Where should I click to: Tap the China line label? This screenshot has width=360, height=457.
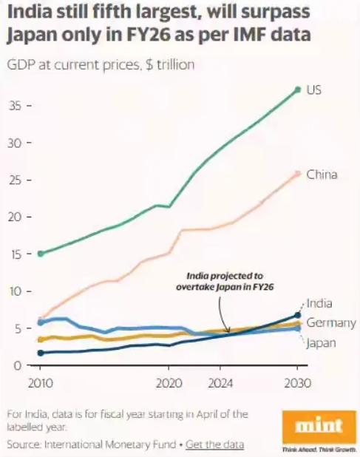pos(322,175)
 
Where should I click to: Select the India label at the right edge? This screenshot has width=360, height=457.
pos(319,303)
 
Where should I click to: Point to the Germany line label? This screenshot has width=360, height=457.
pos(331,323)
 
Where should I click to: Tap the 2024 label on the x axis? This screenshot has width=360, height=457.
pos(220,384)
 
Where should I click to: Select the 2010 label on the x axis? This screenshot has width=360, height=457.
pos(40,384)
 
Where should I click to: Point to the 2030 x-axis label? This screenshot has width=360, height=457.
pos(297,384)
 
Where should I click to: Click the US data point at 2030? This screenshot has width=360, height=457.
pos(297,89)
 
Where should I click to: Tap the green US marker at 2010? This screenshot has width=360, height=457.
pos(40,254)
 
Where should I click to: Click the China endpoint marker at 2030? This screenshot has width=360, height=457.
pos(297,174)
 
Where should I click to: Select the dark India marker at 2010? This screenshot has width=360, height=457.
pos(40,353)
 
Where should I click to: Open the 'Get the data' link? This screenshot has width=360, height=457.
pos(214,444)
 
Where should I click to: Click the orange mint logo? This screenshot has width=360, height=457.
pos(319,426)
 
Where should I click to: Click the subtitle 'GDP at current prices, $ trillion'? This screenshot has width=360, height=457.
pos(101,64)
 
